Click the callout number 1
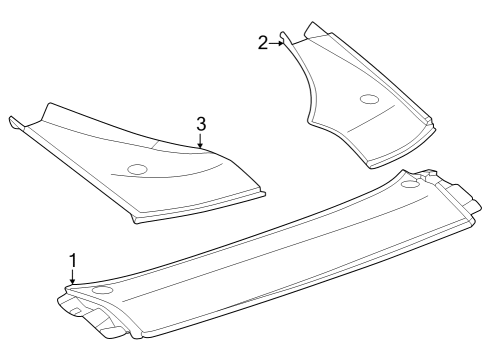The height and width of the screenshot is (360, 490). click(72, 260)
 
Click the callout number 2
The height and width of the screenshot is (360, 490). click(263, 42)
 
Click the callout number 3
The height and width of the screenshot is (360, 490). click(201, 123)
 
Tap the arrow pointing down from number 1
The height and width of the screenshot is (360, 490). click(72, 277)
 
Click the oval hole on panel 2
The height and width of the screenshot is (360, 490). click(368, 99)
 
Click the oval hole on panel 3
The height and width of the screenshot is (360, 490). click(137, 168)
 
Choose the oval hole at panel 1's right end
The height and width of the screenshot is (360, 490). click(409, 185)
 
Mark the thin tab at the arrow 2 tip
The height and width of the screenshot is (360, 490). click(286, 40)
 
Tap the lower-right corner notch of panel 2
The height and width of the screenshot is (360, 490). click(433, 122)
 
